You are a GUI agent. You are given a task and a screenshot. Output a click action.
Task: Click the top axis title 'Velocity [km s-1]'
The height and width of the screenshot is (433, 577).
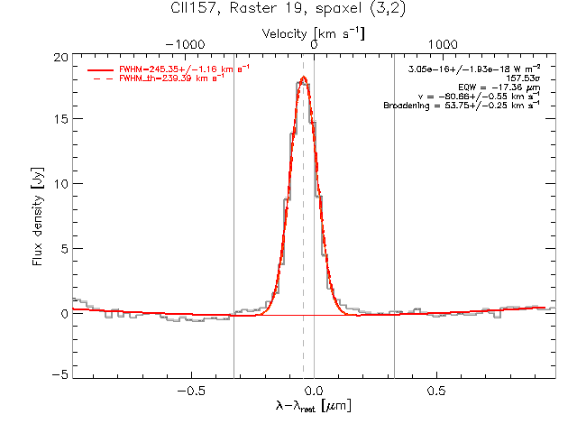(x=313, y=34)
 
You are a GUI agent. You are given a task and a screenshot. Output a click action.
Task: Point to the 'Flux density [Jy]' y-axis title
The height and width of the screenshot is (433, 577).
(x=38, y=216)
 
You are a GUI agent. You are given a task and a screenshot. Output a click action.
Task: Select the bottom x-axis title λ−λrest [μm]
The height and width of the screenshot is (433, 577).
(x=313, y=405)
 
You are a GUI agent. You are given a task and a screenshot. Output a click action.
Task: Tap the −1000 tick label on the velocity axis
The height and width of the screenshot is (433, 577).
(x=185, y=44)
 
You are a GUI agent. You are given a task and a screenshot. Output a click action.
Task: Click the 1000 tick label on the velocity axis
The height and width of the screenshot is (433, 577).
(x=443, y=44)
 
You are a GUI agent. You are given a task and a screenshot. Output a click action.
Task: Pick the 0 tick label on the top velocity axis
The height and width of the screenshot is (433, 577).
(x=314, y=44)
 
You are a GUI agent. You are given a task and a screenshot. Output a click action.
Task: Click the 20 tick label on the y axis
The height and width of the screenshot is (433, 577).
(x=60, y=58)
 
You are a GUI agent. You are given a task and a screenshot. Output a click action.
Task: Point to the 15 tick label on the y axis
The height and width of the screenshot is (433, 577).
(x=60, y=119)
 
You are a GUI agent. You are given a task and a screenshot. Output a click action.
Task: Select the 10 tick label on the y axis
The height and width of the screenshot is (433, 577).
(x=60, y=184)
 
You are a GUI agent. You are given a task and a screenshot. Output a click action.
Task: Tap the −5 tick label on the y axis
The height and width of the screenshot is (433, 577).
(x=60, y=375)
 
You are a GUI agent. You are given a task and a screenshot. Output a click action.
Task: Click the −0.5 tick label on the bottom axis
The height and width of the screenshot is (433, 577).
(x=191, y=391)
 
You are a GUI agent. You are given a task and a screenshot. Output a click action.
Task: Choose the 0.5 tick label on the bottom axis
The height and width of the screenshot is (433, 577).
(x=436, y=391)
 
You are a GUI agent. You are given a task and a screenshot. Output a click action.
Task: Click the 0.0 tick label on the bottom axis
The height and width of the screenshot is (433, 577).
(x=314, y=391)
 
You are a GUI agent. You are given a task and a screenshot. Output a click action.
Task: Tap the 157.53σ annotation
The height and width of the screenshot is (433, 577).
(x=523, y=78)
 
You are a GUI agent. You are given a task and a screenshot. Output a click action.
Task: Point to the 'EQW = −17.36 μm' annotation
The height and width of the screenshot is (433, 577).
(x=499, y=88)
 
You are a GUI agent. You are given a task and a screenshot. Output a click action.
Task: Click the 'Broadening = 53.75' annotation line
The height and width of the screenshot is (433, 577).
(x=462, y=106)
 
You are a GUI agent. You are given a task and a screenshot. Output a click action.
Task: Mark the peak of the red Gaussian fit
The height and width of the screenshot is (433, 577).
(x=304, y=77)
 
